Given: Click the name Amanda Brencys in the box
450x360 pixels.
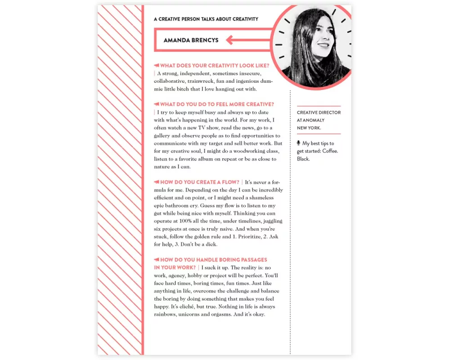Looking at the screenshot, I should pyautogui.click(x=191, y=40).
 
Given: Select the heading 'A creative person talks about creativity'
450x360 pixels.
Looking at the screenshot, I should pyautogui.click(x=206, y=19).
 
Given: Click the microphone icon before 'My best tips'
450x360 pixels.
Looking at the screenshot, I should pyautogui.click(x=299, y=143).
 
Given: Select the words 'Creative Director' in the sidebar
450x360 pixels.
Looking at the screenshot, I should pyautogui.click(x=319, y=112).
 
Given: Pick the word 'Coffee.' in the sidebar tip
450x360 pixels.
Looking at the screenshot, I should pyautogui.click(x=330, y=151).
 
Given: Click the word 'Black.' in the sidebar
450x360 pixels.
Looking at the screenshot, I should pyautogui.click(x=303, y=159).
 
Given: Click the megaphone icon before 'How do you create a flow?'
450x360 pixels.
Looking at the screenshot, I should pyautogui.click(x=157, y=182).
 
